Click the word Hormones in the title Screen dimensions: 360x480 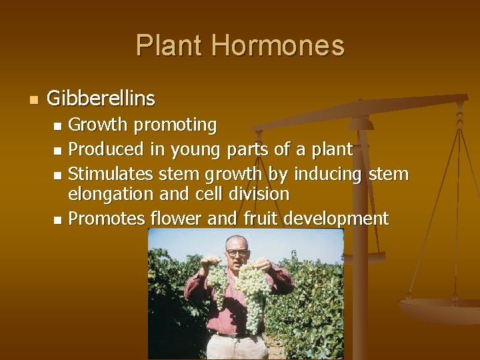tap(278, 46)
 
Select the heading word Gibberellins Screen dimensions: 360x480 tap(101, 99)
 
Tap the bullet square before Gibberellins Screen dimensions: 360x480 tap(34, 100)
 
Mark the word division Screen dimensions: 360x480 tap(257, 194)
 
